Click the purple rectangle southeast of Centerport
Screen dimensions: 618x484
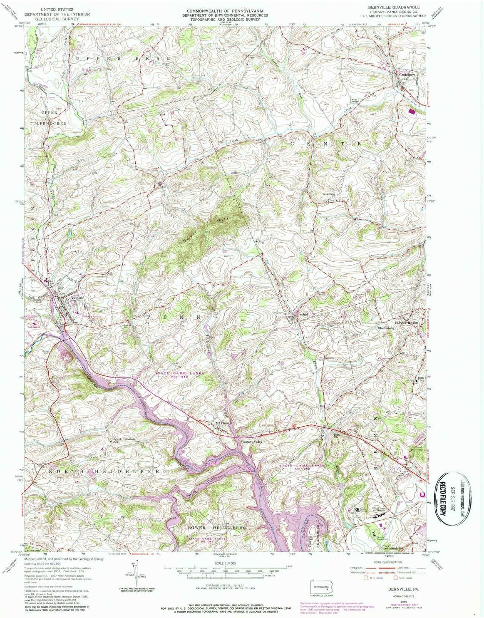pos(412,112)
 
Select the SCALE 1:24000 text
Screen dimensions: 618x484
pos(225,563)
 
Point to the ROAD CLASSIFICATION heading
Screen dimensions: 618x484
pos(387,562)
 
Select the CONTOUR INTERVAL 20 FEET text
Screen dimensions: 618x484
pos(225,586)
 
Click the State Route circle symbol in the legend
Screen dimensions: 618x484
pos(396,578)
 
